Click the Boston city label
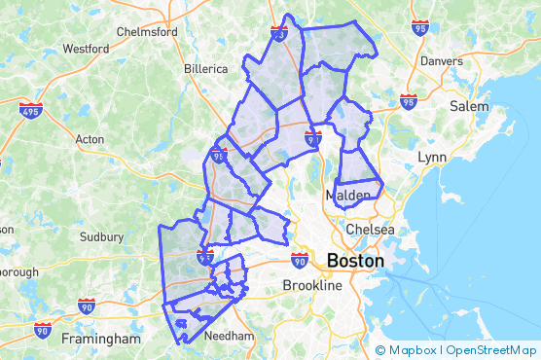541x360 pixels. [355, 262]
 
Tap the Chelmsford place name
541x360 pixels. [147, 31]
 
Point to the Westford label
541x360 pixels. [86, 48]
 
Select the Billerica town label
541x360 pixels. [205, 69]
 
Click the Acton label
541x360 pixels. [89, 139]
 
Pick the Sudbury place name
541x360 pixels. [101, 235]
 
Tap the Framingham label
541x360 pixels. [101, 339]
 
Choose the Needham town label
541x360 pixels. [232, 336]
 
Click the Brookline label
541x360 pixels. [312, 285]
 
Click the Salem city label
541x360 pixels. [469, 106]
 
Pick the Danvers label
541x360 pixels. [442, 60]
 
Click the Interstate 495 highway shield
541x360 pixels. [30, 110]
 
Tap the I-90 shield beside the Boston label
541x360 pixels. [299, 260]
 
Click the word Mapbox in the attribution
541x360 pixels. [414, 350]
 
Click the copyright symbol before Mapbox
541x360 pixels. [380, 350]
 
